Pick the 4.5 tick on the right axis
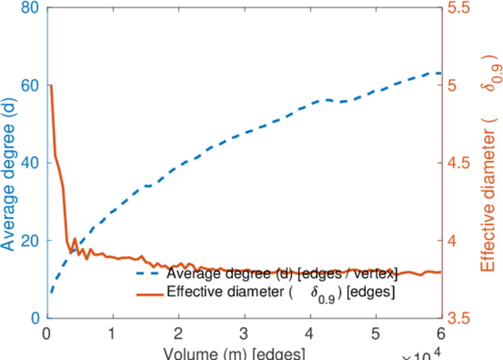(x=460, y=163)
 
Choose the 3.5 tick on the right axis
(x=460, y=318)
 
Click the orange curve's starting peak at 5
(x=51, y=86)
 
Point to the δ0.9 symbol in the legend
(x=325, y=293)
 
